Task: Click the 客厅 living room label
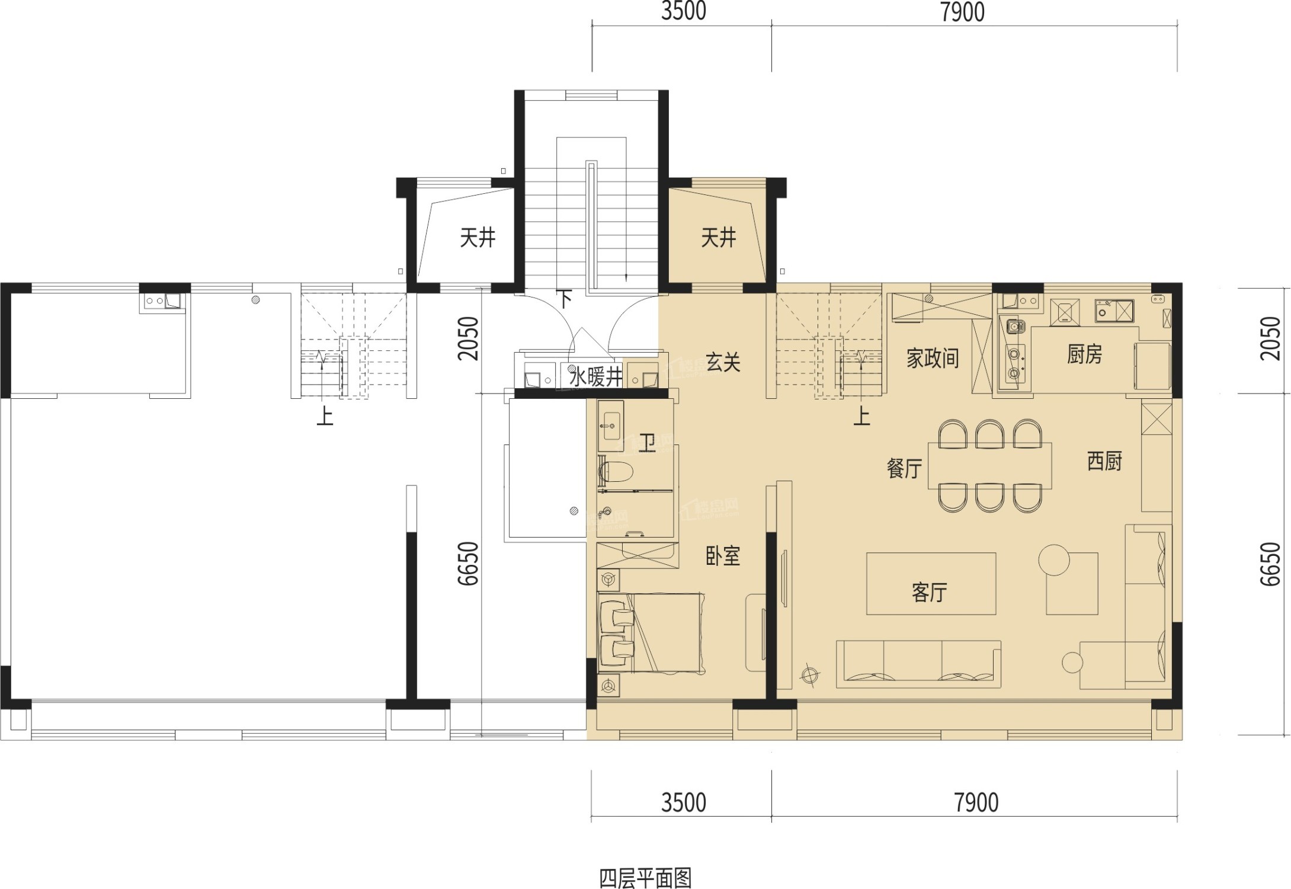929,592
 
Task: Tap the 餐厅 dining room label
904,469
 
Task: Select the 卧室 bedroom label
723,556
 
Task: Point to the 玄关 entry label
723,362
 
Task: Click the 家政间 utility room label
933,358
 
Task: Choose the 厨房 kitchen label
1084,354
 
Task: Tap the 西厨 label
1104,461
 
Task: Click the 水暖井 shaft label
595,376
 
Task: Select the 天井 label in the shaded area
718,238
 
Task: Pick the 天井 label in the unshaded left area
478,238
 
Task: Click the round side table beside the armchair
1072,662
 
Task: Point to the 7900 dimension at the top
962,12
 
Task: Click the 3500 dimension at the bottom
684,802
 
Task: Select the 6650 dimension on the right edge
1270,564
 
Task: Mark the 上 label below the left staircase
325,416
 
